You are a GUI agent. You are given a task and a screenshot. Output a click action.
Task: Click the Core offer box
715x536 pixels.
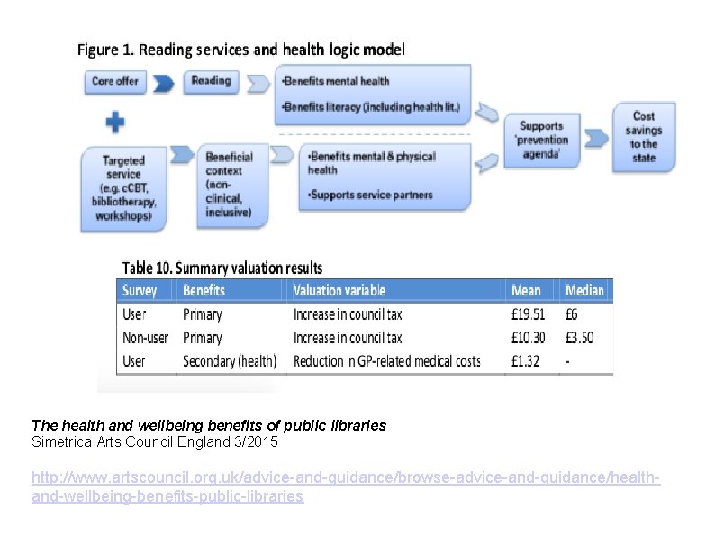click(115, 81)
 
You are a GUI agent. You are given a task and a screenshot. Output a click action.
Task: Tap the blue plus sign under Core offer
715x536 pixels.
click(114, 122)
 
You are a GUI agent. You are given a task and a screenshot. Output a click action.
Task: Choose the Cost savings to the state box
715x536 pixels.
click(643, 137)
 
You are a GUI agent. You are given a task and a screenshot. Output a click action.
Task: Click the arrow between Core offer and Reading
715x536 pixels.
click(164, 84)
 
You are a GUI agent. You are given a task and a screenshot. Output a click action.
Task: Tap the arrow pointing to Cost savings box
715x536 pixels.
click(596, 138)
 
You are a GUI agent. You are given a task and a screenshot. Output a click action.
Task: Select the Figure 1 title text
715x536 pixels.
click(240, 50)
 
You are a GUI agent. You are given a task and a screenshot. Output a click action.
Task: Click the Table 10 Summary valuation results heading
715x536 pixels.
click(222, 268)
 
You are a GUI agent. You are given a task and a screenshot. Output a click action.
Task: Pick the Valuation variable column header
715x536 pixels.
click(339, 290)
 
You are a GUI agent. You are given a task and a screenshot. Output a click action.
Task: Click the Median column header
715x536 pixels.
click(584, 290)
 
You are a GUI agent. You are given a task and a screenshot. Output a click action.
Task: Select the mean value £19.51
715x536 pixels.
click(528, 314)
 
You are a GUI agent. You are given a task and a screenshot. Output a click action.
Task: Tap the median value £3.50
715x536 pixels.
click(579, 338)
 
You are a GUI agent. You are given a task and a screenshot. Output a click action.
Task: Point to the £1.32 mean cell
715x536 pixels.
click(525, 361)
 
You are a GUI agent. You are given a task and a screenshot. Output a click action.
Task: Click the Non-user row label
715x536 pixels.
click(145, 338)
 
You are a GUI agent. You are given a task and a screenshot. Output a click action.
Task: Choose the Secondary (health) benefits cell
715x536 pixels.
click(229, 361)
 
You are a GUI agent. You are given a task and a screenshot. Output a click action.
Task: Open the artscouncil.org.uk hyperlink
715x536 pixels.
click(346, 486)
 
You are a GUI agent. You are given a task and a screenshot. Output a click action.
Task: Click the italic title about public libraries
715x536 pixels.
click(209, 424)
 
